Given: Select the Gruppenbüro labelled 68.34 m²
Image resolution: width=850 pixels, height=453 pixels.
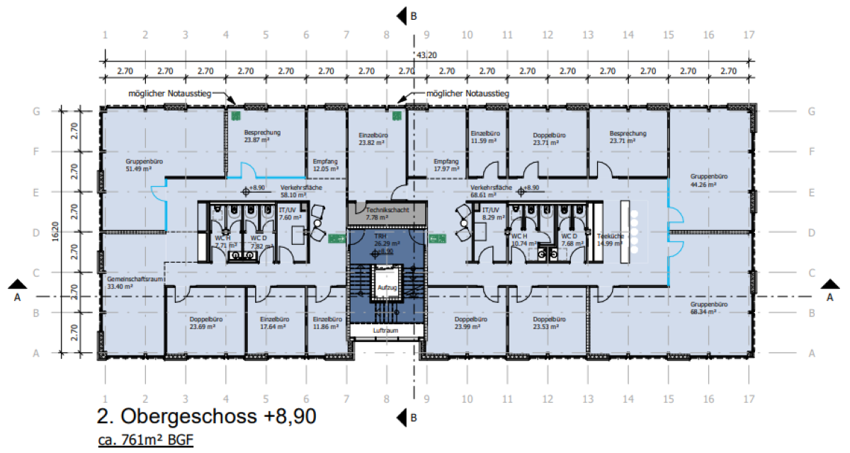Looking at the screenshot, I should pyautogui.click(x=710, y=306).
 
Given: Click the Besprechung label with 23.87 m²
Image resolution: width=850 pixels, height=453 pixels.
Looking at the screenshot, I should pyautogui.click(x=263, y=136).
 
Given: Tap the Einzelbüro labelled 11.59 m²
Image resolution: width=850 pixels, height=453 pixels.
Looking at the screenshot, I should pyautogui.click(x=486, y=137).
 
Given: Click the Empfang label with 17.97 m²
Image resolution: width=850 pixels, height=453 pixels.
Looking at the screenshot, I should pyautogui.click(x=446, y=164).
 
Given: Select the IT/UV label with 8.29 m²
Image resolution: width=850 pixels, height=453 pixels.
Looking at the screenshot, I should pyautogui.click(x=492, y=213).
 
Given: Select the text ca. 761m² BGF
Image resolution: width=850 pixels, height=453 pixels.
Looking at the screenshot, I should pyautogui.click(x=145, y=441).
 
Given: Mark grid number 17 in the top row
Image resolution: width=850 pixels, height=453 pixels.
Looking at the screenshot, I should pyautogui.click(x=749, y=35).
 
